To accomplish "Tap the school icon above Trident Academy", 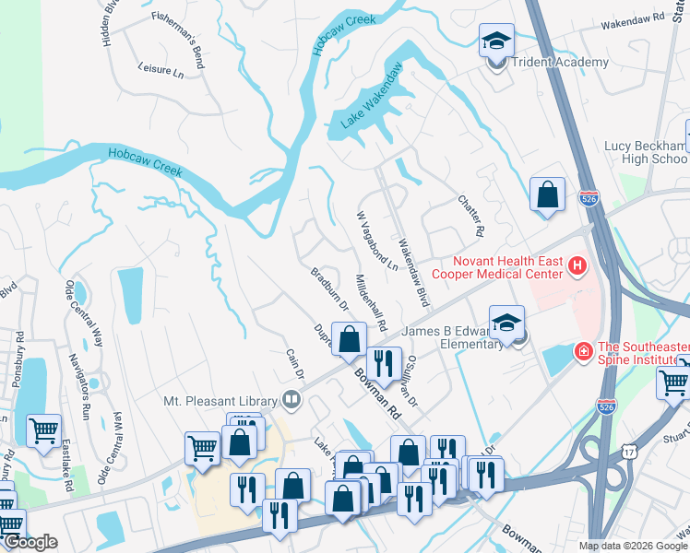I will (x=495, y=41).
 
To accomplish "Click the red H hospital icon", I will (x=577, y=267).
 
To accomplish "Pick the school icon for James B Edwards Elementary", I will (x=506, y=324).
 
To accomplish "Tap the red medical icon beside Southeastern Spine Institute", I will (x=583, y=351).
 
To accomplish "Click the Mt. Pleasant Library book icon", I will (x=291, y=400).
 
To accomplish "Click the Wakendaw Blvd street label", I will (x=413, y=274).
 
